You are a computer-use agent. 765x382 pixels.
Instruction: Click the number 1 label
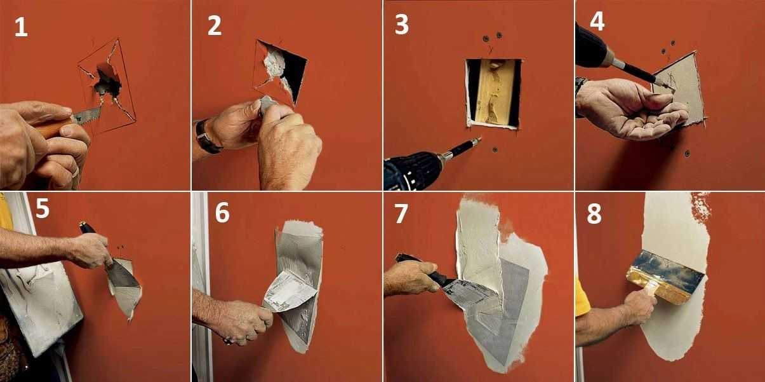point(21,27)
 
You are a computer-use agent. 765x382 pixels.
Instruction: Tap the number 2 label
point(215,25)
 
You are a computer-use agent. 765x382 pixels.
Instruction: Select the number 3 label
point(402,25)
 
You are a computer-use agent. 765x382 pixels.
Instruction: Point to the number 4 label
point(597,22)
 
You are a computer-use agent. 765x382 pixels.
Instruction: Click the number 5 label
point(43,208)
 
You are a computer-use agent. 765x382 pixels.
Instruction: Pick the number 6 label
point(222,213)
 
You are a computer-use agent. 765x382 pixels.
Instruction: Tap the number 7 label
point(401,214)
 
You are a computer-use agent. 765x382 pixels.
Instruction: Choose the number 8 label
point(594,214)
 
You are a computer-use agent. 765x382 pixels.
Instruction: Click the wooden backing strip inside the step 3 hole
point(493,92)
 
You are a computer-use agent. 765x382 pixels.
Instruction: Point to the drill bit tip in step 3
point(480,138)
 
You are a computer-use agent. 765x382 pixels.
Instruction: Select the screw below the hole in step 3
point(495,149)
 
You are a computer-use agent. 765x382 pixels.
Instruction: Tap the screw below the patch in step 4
point(687,153)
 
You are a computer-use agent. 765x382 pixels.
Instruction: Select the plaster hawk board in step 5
point(41,308)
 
